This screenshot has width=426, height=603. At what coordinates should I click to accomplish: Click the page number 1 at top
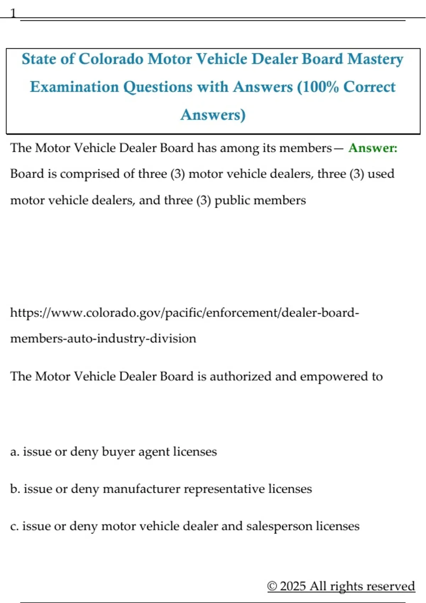[13, 13]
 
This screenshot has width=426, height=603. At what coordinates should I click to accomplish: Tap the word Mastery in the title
[375, 59]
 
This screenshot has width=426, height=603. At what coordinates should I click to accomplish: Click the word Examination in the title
[74, 87]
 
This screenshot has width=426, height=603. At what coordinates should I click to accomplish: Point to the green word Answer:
[373, 148]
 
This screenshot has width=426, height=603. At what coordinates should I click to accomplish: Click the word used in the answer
[381, 174]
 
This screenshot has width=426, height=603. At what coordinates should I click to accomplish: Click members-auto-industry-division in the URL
[103, 339]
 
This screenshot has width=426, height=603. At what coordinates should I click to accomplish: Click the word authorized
[240, 376]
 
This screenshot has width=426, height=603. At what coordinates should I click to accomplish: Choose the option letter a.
[14, 452]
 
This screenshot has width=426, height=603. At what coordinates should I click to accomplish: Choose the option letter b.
[14, 489]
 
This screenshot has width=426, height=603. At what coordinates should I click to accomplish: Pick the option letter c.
[14, 526]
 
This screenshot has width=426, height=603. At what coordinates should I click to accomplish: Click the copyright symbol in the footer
[272, 586]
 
